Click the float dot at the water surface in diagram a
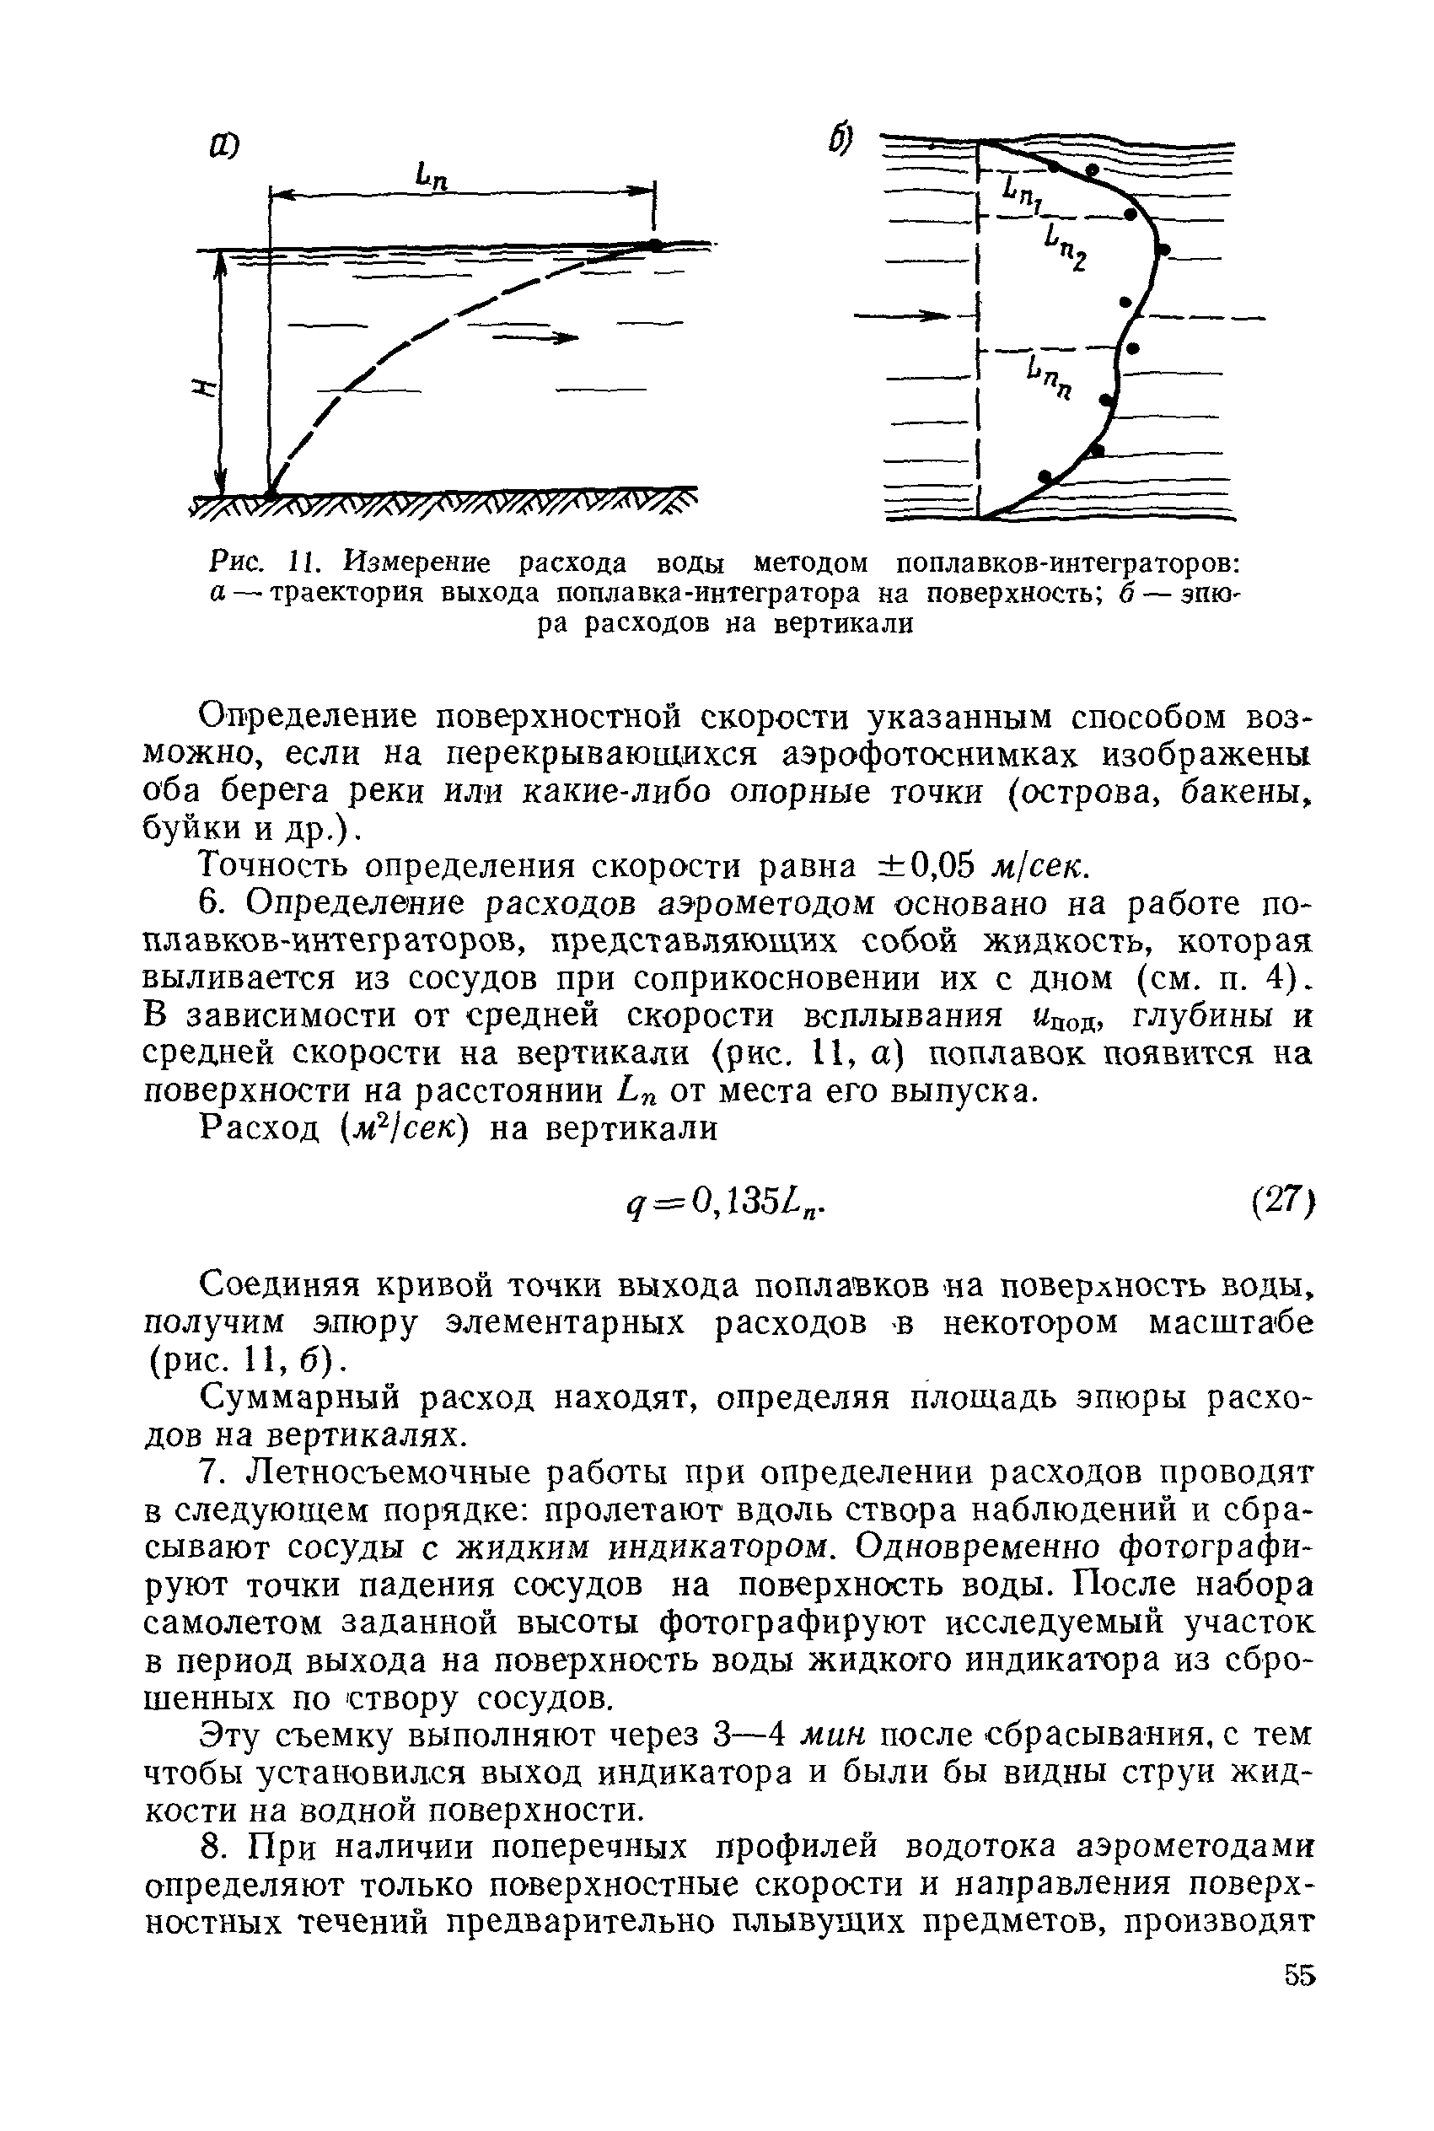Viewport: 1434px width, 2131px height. [x=655, y=245]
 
